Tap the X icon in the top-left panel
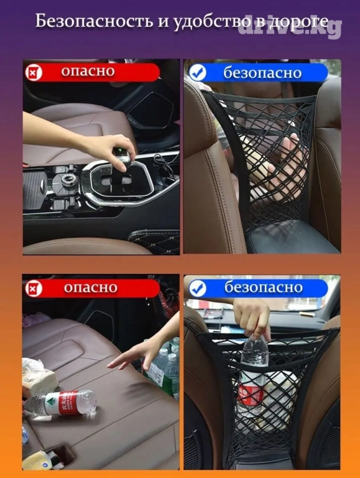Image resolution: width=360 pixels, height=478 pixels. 34,73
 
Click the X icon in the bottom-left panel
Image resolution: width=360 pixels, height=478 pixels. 34,288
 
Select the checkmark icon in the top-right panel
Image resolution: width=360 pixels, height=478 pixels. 197,73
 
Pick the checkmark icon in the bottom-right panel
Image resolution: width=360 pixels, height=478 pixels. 197,288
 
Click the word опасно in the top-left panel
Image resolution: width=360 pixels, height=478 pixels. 88,71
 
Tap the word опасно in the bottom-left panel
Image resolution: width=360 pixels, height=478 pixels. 90,288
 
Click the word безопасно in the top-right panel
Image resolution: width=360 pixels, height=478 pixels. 262,73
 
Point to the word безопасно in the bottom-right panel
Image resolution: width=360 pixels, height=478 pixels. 263,288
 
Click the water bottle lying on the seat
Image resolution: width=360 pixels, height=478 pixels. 60,403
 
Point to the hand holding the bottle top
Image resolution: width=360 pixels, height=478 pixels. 252,316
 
